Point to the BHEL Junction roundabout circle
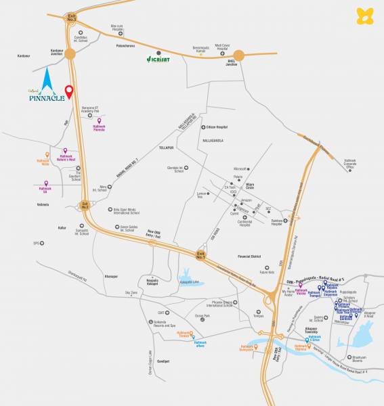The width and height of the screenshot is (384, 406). pos(239,57)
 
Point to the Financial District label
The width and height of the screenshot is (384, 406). pos(251,256)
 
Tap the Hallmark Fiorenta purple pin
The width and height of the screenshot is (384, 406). pos(99,121)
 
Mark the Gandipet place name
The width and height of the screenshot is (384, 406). pos(163,361)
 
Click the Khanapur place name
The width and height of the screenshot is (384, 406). pos(111,276)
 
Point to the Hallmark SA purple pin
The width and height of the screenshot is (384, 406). pos(45,183)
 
